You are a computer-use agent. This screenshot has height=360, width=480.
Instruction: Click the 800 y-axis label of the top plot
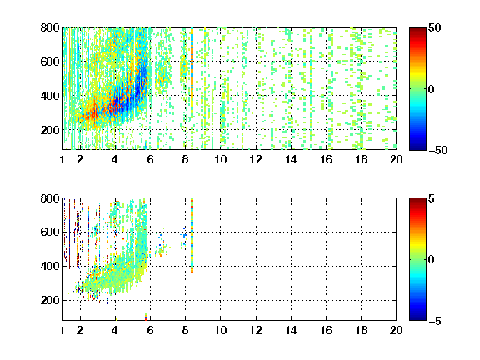(x=50, y=27)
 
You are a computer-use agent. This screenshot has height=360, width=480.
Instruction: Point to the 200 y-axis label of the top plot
(x=50, y=130)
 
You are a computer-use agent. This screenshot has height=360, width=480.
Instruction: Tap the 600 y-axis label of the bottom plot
(x=50, y=232)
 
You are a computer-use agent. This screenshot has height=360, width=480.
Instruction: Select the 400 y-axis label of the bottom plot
(x=50, y=266)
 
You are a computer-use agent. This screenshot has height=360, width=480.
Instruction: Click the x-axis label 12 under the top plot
(x=256, y=159)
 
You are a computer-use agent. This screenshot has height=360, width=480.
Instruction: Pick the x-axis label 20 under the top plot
(x=396, y=159)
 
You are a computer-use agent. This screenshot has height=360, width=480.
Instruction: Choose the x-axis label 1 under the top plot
(x=62, y=159)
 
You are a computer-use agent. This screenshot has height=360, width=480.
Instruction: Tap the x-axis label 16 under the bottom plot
(x=326, y=330)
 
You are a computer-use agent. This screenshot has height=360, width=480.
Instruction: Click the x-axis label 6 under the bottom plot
(x=150, y=330)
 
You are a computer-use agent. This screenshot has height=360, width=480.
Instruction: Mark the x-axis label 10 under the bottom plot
(x=220, y=330)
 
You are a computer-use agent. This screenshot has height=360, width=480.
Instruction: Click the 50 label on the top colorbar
(x=434, y=27)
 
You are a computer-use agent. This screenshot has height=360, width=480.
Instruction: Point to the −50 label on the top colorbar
(x=437, y=150)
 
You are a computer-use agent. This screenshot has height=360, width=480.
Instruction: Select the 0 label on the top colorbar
(x=432, y=89)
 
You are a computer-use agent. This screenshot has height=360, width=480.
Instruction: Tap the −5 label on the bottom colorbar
(x=435, y=321)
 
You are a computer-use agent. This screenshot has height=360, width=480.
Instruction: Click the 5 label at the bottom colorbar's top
(x=432, y=198)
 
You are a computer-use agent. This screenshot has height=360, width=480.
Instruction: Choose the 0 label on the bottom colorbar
(x=432, y=260)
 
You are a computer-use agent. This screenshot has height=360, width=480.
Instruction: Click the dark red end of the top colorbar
(x=417, y=30)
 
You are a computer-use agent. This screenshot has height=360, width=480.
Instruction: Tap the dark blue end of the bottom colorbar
(x=417, y=317)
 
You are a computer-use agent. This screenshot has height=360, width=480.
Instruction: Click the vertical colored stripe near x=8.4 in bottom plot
(x=192, y=236)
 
